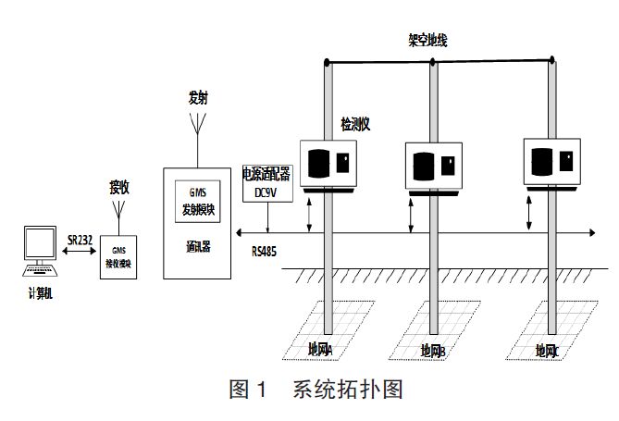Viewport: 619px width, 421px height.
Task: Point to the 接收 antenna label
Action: coord(119,187)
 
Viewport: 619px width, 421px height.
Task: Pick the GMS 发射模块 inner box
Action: coord(198,204)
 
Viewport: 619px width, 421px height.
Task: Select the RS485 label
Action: coord(268,250)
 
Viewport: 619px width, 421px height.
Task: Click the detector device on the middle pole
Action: coord(434,167)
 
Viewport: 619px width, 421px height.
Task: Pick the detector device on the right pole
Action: coord(552,162)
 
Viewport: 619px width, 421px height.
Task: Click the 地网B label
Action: coord(433,351)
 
